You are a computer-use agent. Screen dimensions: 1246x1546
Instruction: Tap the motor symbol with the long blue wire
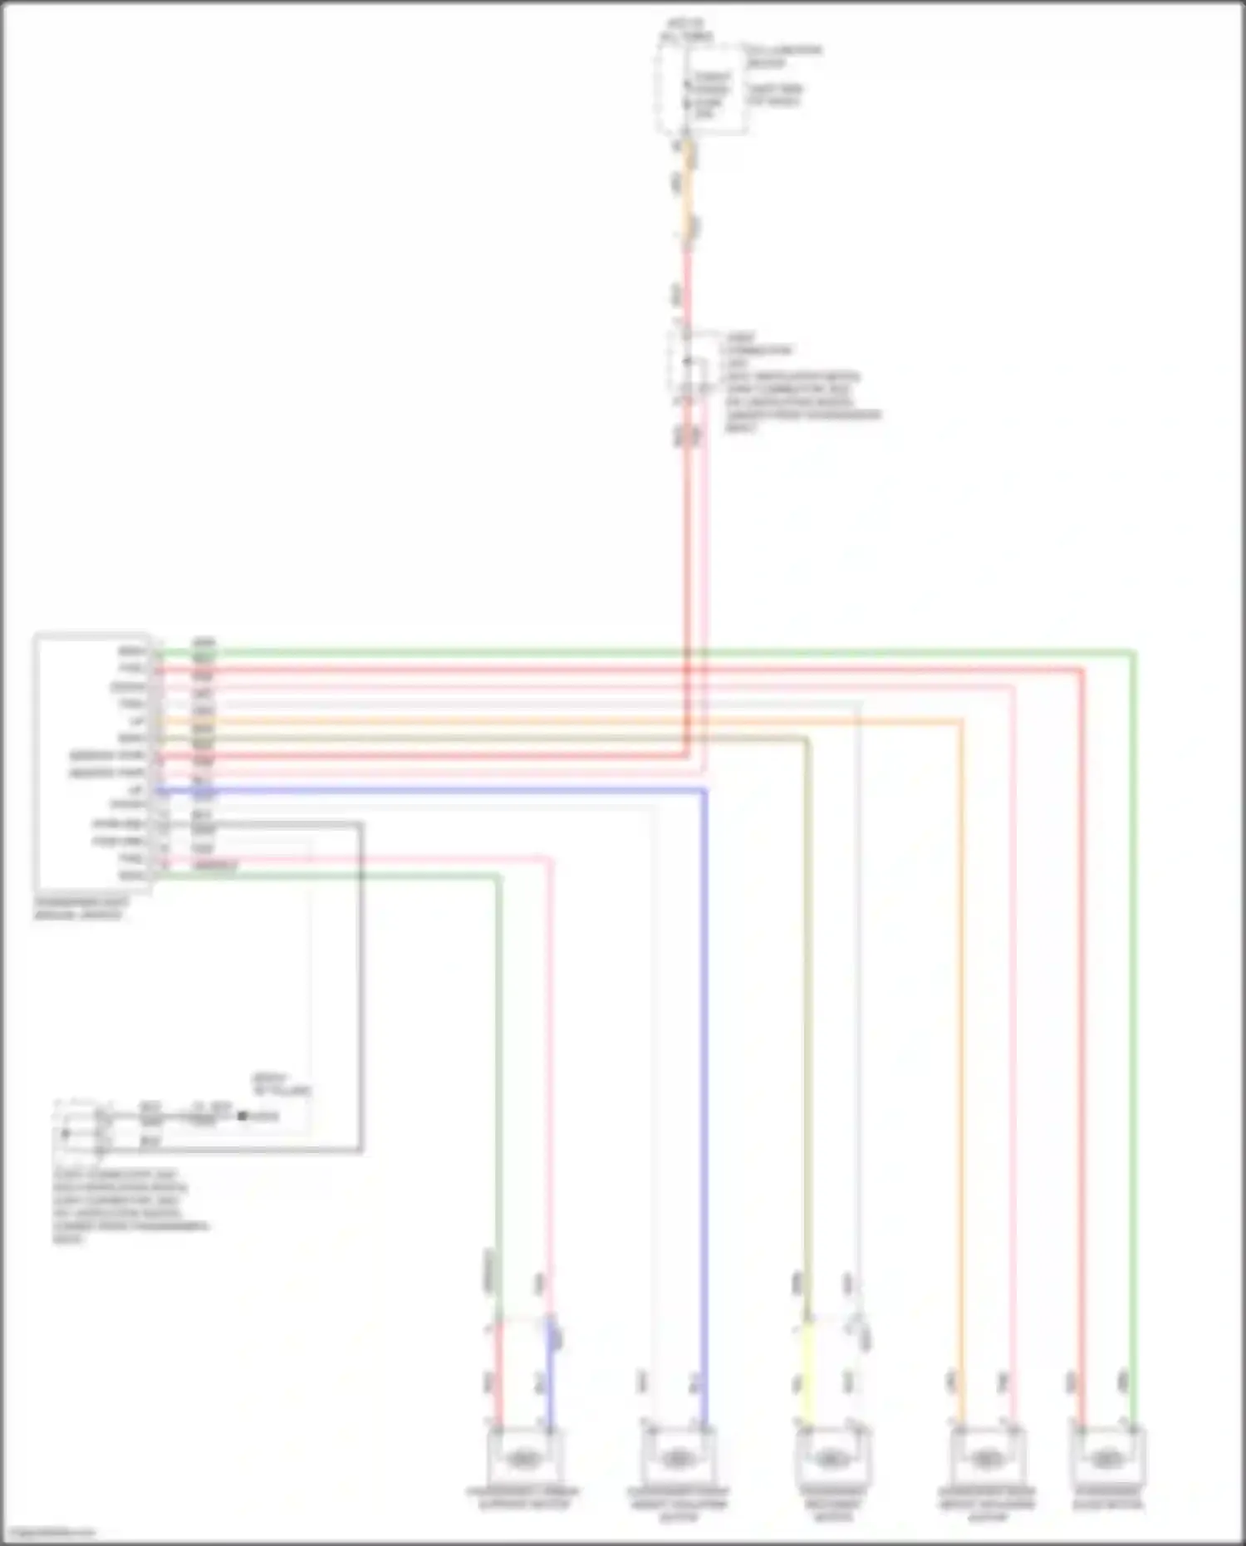pos(677,1456)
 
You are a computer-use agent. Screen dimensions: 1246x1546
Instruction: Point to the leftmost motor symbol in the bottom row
pos(523,1456)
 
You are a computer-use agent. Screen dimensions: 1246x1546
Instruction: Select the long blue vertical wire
pos(704,1080)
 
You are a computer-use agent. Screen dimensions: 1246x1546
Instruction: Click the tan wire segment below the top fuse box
pos(688,191)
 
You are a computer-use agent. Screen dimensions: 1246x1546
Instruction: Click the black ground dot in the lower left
pos(243,1116)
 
